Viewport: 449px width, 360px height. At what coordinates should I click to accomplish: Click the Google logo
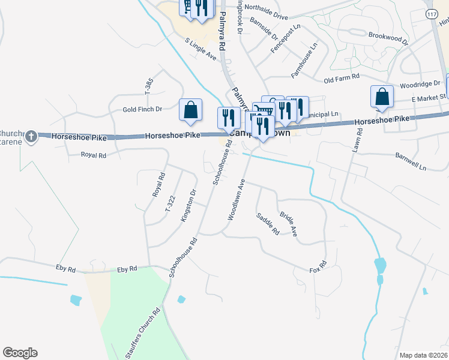20,353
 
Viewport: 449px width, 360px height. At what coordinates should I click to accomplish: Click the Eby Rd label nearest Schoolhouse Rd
127,269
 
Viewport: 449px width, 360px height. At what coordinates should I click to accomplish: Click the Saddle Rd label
268,223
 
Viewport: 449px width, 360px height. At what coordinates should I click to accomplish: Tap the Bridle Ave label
289,223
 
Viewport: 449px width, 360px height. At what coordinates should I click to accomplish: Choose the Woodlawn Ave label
235,199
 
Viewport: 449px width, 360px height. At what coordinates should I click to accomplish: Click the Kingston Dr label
187,206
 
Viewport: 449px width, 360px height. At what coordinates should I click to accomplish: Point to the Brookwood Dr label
388,38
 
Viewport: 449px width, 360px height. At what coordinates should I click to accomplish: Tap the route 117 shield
432,13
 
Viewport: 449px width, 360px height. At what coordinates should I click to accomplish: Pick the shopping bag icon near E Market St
382,97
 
